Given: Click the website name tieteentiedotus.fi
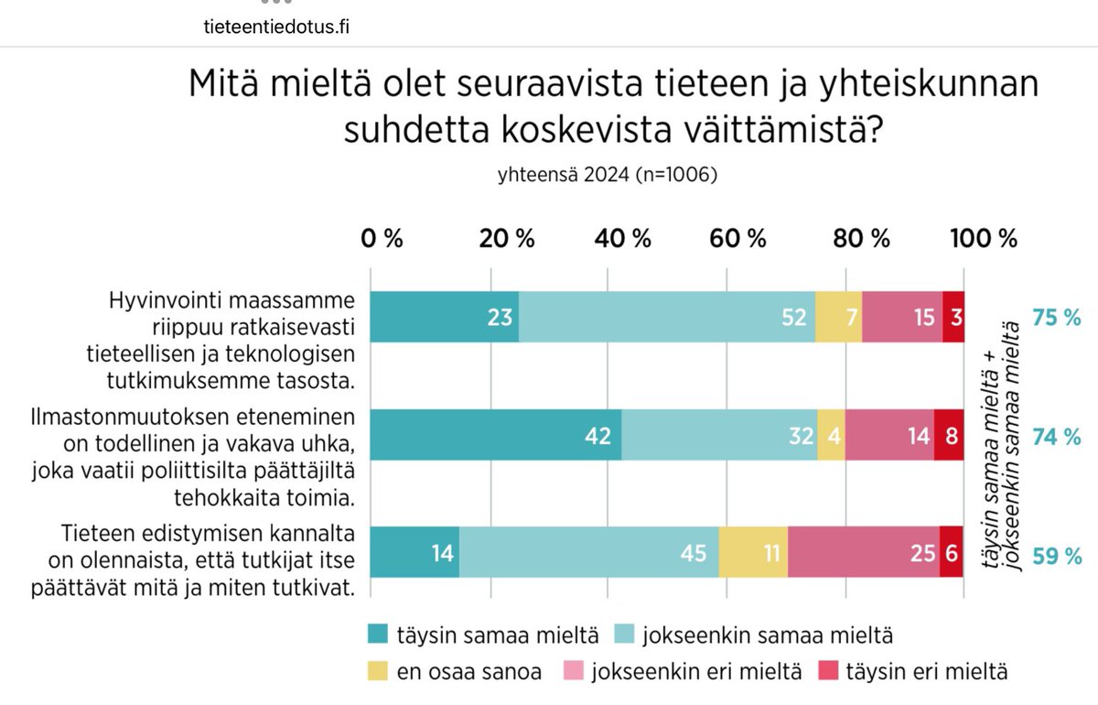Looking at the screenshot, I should tap(275, 27).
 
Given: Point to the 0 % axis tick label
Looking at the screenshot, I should tap(382, 239).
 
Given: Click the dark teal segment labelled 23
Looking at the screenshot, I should tap(444, 317).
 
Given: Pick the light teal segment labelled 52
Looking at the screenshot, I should tap(666, 317).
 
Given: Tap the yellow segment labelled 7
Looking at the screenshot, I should tap(838, 317).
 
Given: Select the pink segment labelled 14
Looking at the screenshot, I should tap(889, 435).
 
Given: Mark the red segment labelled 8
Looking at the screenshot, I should tap(949, 435).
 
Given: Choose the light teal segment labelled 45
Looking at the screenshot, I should tap(588, 553).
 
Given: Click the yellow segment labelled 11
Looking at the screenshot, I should tap(753, 553).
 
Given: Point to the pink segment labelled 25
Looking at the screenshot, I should tap(863, 553).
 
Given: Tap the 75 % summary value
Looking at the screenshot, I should tap(1057, 318).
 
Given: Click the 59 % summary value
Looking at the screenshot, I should tap(1057, 555).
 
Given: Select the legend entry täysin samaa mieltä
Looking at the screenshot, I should tap(484, 633).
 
